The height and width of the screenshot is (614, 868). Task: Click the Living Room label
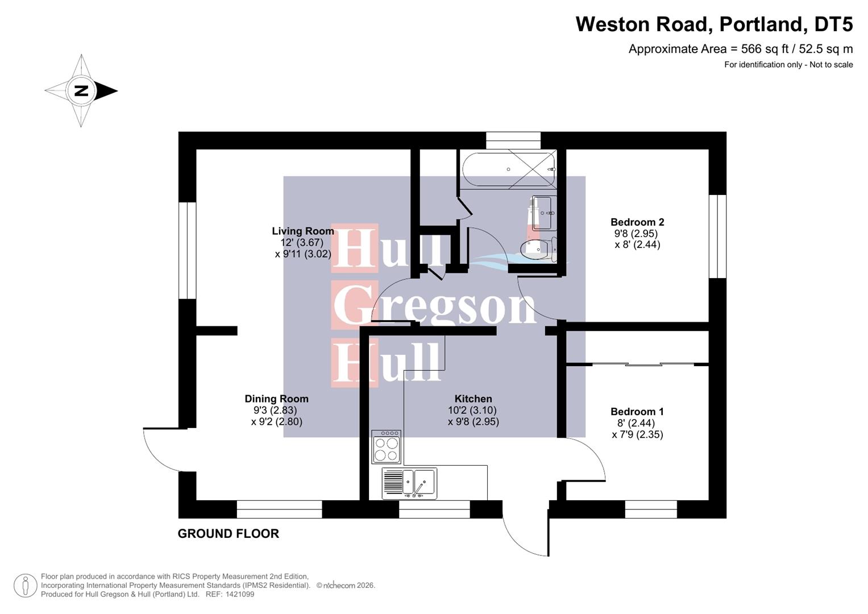point(302,231)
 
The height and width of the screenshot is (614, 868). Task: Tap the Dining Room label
point(276,399)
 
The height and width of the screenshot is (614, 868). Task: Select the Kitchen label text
point(473,399)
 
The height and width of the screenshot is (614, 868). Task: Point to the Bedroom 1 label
point(637,412)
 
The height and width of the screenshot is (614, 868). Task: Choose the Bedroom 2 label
point(637,222)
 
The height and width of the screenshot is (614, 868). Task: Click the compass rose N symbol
point(81,90)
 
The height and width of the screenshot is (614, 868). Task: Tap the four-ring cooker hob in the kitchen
point(386,447)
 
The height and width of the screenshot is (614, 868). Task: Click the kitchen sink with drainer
point(409,483)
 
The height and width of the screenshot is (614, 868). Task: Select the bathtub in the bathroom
point(508,169)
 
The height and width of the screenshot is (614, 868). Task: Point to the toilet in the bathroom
point(538,249)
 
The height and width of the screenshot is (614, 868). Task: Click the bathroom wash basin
point(542,213)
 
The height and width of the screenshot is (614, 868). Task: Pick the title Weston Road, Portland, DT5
point(714,24)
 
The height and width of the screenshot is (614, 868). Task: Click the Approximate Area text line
point(740,49)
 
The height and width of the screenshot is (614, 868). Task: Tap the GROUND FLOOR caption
point(228,534)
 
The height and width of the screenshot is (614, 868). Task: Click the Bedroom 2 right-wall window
point(717,237)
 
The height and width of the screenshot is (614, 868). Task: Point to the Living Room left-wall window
point(187,250)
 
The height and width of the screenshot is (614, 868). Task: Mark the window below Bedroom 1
point(651,509)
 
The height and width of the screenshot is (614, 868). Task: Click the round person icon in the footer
point(25,586)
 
